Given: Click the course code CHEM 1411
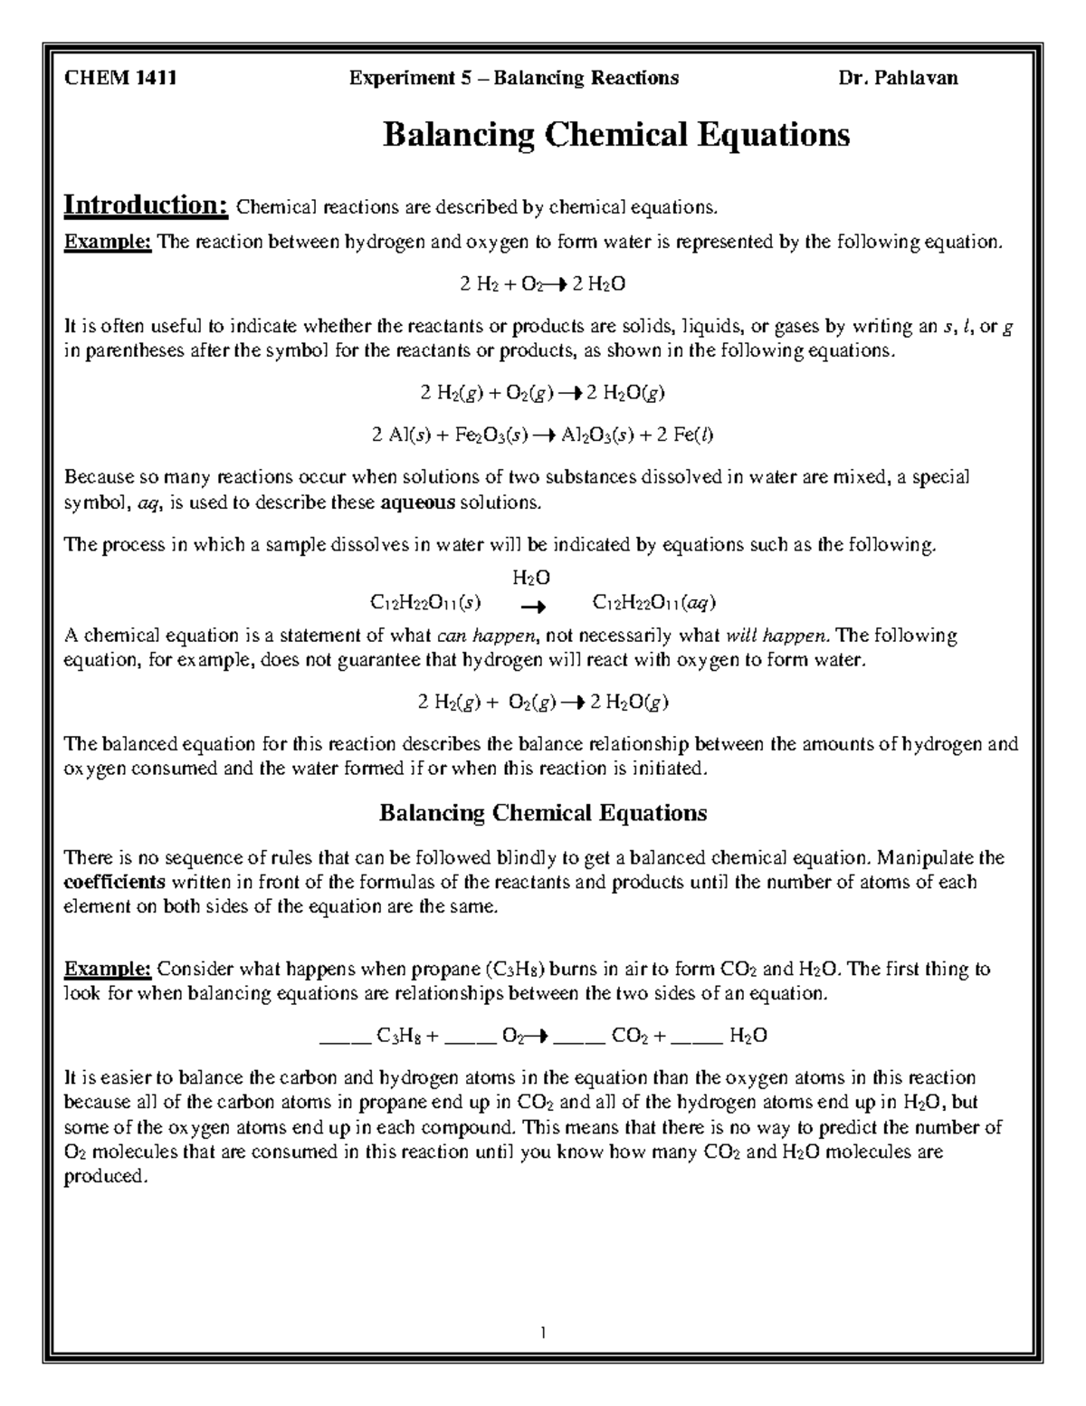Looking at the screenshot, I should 119,78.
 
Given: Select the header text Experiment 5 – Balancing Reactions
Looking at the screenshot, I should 514,78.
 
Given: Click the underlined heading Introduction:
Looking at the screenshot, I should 145,205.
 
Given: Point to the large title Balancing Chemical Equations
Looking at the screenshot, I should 616,135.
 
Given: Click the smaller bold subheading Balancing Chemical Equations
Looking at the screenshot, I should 542,812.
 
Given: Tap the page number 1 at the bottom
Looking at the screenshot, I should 542,1333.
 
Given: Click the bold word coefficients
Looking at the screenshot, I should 115,882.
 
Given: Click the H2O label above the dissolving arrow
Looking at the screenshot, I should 531,578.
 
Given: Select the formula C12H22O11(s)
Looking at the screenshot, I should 425,602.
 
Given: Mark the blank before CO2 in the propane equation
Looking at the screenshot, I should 579,1037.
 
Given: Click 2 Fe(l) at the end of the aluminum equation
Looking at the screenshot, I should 685,435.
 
